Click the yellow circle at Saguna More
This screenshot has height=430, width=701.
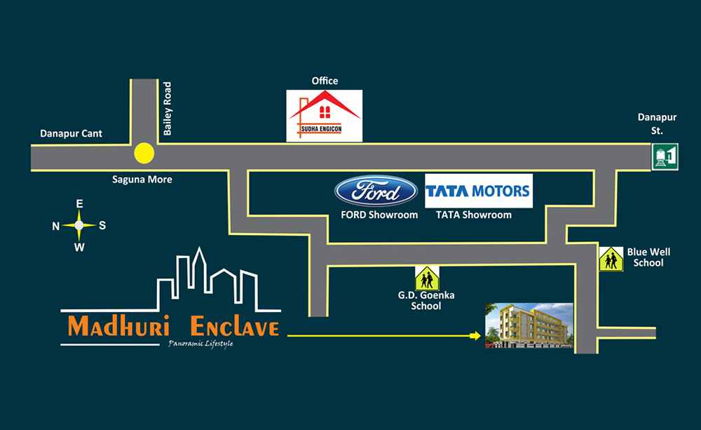[144, 152]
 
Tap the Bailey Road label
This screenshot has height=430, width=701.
[167, 109]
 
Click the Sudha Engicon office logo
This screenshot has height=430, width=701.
[325, 116]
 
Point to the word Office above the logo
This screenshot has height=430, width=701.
[325, 81]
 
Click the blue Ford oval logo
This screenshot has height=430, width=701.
[367, 192]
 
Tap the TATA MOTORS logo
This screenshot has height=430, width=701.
[479, 192]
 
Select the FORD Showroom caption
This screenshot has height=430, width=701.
[379, 215]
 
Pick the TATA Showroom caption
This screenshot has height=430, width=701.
[474, 215]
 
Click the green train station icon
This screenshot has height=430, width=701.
[664, 155]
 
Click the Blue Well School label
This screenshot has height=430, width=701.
[645, 257]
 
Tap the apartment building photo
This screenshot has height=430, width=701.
[530, 325]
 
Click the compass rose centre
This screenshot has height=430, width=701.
[79, 225]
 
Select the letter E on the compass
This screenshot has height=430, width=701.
[79, 203]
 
